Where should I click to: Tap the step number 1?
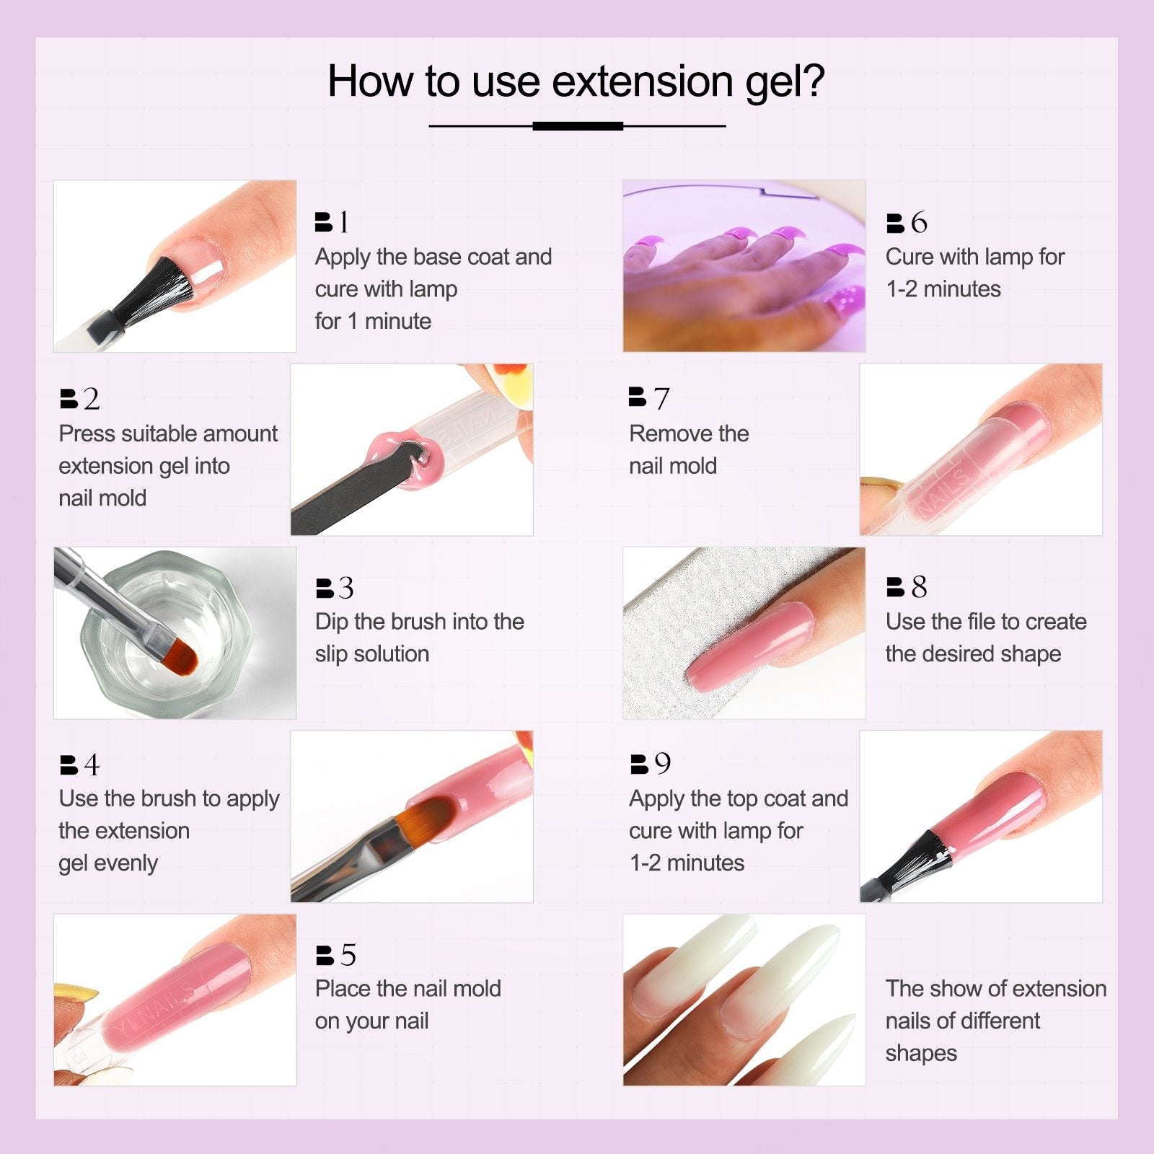click(x=344, y=222)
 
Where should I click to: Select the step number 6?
click(x=919, y=222)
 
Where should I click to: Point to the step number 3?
click(x=346, y=588)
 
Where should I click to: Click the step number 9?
click(x=662, y=764)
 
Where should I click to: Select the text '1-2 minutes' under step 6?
click(x=943, y=288)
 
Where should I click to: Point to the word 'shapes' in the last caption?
click(x=921, y=1053)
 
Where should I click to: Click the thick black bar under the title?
click(x=578, y=126)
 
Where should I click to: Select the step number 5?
click(x=348, y=955)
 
